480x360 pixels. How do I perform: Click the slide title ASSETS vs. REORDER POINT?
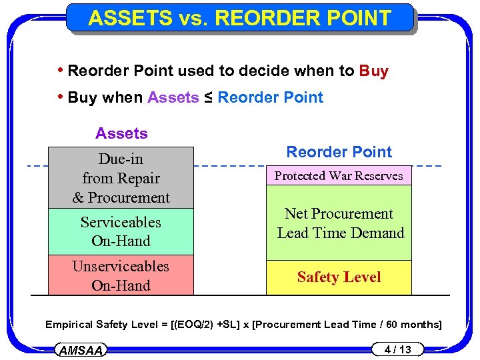[x=239, y=18]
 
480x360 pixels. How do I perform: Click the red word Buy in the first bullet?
[x=373, y=71]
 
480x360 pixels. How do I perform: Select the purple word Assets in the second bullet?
[x=173, y=97]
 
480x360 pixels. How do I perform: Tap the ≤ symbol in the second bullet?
[x=209, y=97]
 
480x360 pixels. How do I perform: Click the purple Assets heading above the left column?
[x=121, y=133]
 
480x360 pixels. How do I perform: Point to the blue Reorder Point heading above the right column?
[x=339, y=152]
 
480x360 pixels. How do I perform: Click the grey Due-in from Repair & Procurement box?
[x=121, y=178]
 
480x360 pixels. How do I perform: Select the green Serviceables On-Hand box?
[x=121, y=231]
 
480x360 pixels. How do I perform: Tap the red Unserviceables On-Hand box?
[x=121, y=275]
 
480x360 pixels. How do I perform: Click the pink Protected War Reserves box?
[x=339, y=176]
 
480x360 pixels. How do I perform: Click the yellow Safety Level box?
[x=339, y=277]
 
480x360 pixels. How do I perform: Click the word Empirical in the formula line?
[x=70, y=325]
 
